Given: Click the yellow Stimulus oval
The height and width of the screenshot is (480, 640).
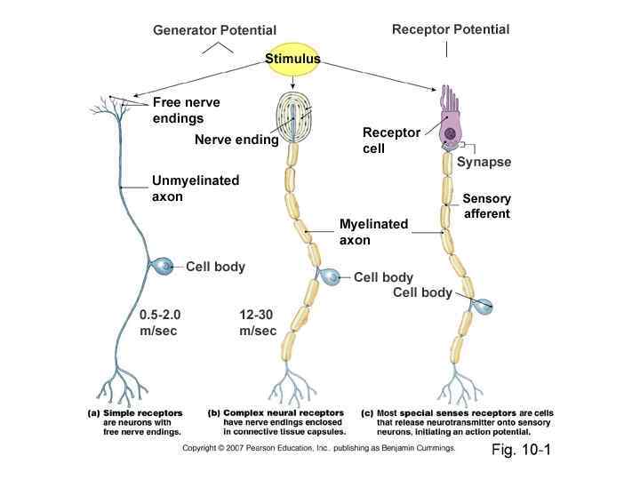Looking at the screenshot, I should coord(292,59).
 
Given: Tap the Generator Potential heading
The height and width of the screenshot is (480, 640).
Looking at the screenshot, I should coord(215,31).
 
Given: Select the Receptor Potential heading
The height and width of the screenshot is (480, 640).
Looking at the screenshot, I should coord(451,29).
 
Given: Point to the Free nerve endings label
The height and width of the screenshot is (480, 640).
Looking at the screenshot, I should coord(186,110).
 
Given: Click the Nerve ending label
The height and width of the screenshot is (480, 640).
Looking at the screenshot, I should coord(236,140).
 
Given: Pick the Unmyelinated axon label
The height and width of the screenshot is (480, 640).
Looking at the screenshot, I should coord(196,188).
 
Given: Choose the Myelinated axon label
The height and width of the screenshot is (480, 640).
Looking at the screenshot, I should coord(373,232).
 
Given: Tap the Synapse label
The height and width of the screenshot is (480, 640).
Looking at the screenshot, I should coord(484,162).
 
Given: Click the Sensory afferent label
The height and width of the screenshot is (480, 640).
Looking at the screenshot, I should coord(485,205).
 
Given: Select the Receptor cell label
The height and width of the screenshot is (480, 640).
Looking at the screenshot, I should coord(391,140).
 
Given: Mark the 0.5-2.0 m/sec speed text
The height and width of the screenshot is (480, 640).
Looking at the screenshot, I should coord(161,322).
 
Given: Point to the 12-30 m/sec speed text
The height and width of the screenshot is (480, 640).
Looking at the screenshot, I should coord(258,322).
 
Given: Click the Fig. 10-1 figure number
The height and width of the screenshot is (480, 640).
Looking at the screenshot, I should coord(522,450).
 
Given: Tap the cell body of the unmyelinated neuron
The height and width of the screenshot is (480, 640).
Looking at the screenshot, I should coord(163,265).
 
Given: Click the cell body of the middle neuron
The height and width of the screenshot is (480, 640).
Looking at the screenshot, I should coord(330,277).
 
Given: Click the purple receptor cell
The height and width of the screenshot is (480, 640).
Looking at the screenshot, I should coord(452,124).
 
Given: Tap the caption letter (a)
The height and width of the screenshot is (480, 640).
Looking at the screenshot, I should coord(92,413).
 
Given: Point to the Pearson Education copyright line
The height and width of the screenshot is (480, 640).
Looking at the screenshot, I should coord(319,449).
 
